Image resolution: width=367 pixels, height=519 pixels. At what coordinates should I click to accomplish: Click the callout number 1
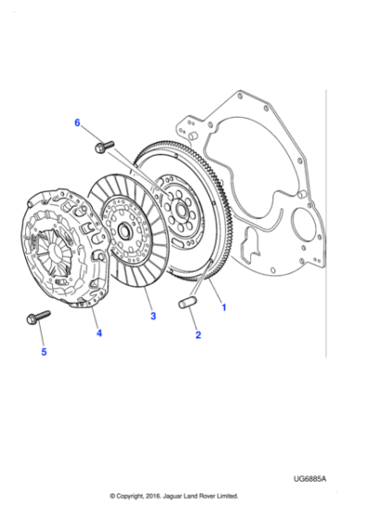[x=221, y=304]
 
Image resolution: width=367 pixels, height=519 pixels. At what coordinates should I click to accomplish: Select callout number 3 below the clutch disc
[x=153, y=317]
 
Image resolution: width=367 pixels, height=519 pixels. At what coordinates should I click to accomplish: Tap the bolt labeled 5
[x=38, y=317]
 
